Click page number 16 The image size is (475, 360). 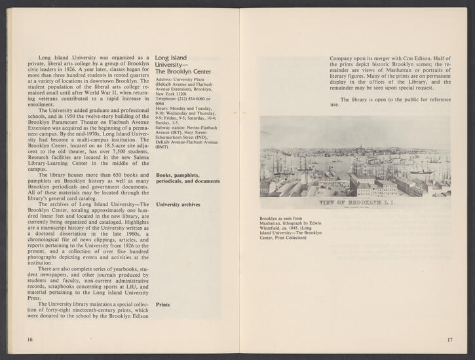pos(30,340)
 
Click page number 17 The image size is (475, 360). pos(449,340)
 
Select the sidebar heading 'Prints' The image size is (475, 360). pos(164,304)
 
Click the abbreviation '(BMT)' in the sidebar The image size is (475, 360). pos(164,148)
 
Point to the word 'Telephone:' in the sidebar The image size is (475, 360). pos(169,99)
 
